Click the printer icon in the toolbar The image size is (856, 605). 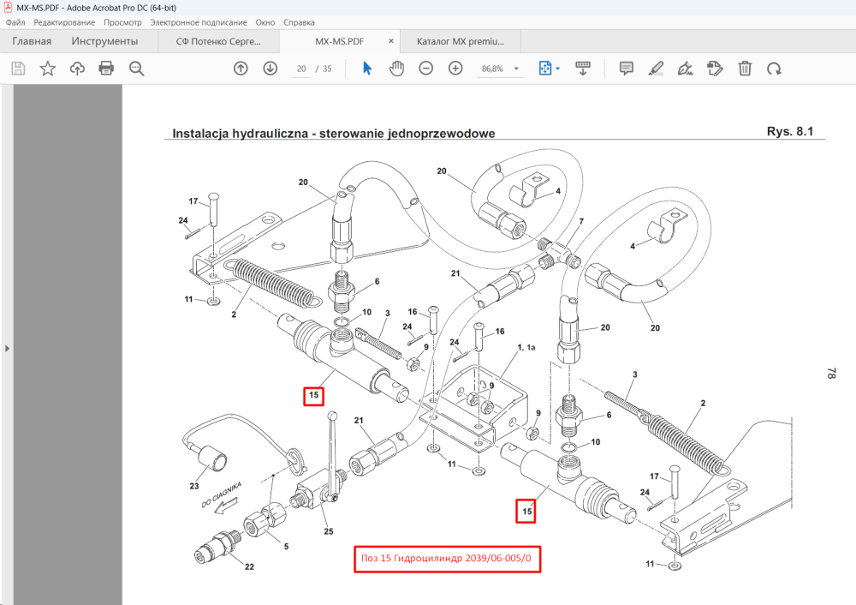(x=106, y=69)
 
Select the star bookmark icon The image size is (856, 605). (x=47, y=69)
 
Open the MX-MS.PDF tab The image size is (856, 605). (x=339, y=41)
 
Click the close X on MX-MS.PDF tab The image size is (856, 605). (x=391, y=41)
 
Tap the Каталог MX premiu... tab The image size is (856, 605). (x=461, y=41)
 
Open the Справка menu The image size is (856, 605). (x=299, y=22)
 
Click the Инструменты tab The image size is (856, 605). (x=104, y=41)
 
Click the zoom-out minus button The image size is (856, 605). (x=425, y=69)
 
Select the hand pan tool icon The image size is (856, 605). (x=396, y=69)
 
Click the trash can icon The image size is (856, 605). (x=745, y=69)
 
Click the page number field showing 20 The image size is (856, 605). (x=301, y=69)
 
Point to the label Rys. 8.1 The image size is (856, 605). (x=790, y=132)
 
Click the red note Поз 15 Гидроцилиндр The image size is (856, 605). (x=447, y=559)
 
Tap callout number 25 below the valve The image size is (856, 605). (x=328, y=531)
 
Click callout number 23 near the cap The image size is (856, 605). (x=194, y=486)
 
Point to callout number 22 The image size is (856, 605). (x=249, y=566)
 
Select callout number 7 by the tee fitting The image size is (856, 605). (x=581, y=221)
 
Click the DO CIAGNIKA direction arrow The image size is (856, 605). (x=225, y=507)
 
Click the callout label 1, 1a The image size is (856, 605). (x=526, y=347)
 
